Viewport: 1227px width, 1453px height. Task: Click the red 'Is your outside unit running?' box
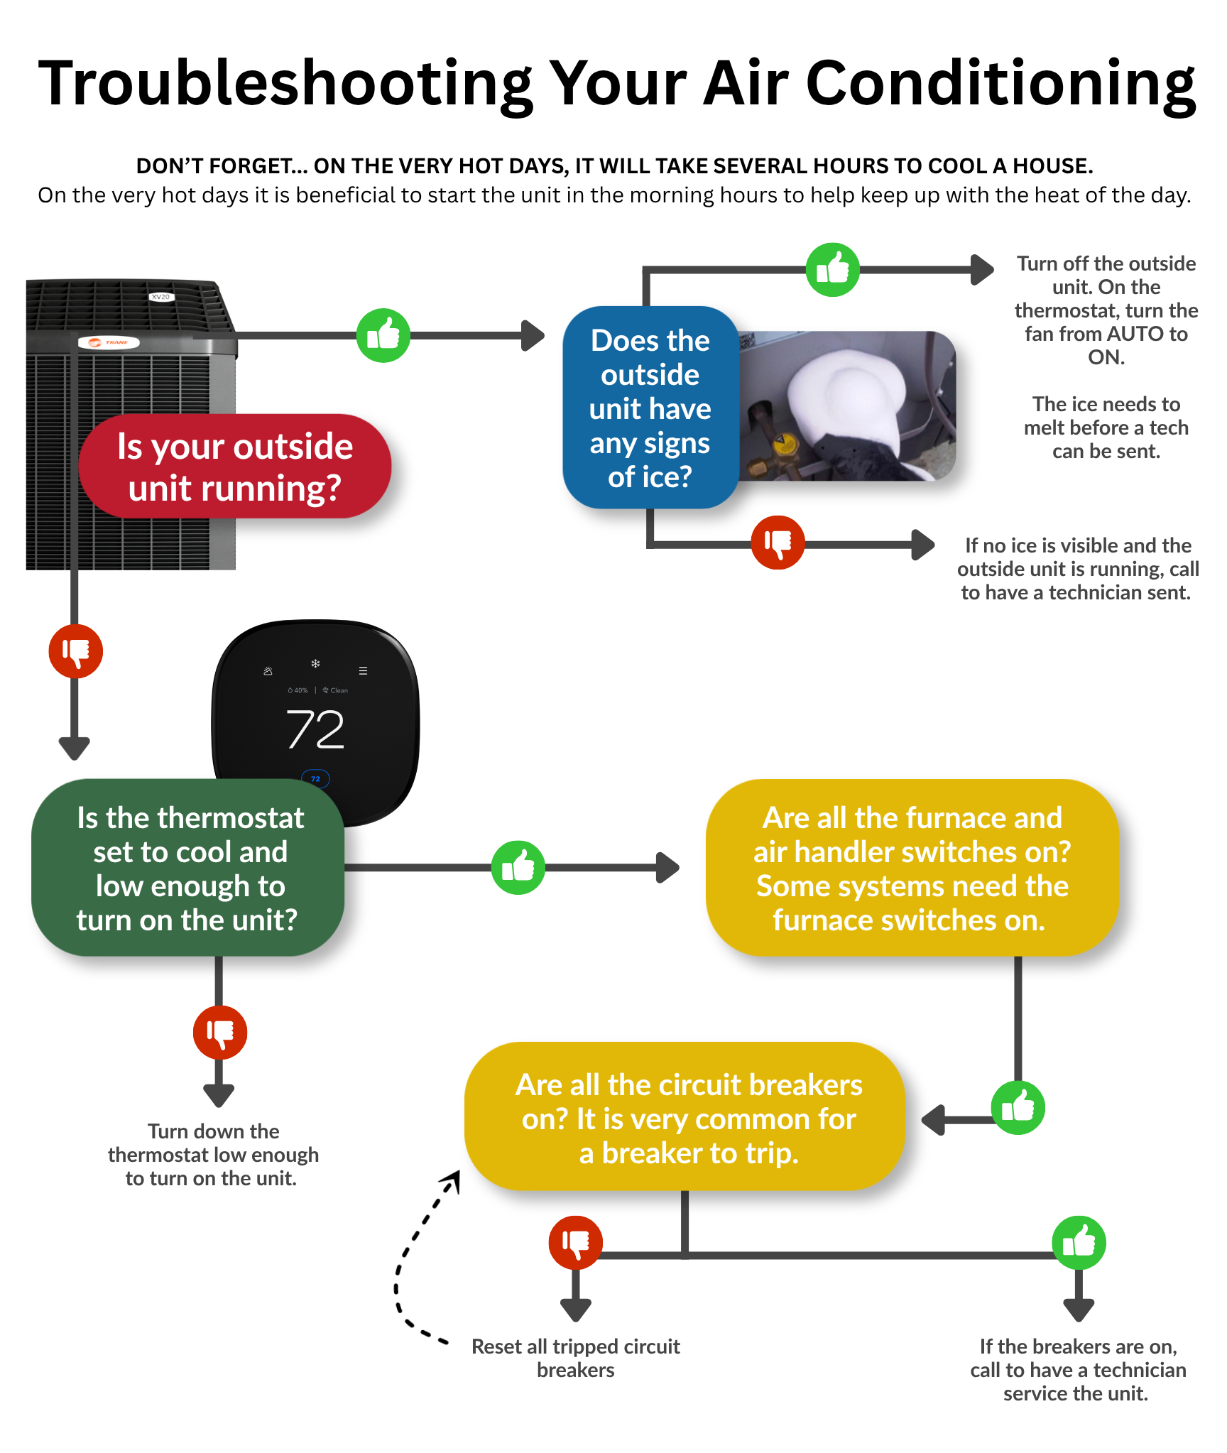(235, 466)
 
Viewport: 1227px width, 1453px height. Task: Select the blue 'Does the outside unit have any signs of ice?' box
(650, 408)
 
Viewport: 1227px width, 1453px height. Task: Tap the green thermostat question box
(188, 868)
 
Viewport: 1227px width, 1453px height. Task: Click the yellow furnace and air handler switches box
(912, 868)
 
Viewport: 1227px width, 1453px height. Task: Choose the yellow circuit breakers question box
(685, 1116)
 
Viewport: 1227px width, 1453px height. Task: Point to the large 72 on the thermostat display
(316, 729)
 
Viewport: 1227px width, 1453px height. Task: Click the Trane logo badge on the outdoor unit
(109, 342)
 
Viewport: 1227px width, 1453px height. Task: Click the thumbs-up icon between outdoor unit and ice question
(383, 335)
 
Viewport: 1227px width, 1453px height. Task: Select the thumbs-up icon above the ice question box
(833, 270)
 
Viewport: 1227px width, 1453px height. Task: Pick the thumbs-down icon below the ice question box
(778, 543)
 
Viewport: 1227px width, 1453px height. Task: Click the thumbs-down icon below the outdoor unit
(76, 651)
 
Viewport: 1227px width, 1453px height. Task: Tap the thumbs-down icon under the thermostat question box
(220, 1033)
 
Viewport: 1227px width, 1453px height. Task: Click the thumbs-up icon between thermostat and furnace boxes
(518, 868)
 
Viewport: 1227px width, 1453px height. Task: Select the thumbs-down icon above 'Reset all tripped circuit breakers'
(576, 1243)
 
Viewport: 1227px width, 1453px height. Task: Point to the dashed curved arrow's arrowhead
(452, 1180)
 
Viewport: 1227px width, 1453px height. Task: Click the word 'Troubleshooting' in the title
(285, 85)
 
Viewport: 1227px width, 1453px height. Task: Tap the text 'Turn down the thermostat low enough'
(213, 1143)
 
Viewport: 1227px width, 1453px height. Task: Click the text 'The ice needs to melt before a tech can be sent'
(1106, 428)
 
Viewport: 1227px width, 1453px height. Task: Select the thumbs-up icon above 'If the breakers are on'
(1079, 1243)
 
